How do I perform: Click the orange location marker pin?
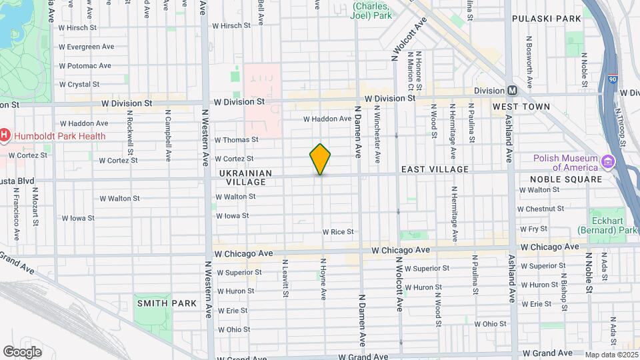pos(320,159)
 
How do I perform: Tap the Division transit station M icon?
pos(512,90)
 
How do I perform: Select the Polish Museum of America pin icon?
pos(607,162)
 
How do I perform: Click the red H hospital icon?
pos(5,136)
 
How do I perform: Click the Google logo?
pos(22,351)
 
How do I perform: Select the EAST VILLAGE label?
pos(435,170)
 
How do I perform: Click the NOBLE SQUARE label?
pos(566,179)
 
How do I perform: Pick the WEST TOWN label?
pos(521,107)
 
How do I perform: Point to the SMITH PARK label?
pos(167,303)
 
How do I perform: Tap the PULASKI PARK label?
pos(547,19)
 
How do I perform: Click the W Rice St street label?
pos(337,232)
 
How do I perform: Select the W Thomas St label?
pos(236,140)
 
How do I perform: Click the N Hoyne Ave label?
pos(323,279)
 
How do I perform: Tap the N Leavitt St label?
pos(285,279)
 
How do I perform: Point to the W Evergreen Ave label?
pos(86,47)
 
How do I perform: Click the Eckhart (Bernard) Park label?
pos(614,221)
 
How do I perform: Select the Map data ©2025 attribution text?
pos(611,355)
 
